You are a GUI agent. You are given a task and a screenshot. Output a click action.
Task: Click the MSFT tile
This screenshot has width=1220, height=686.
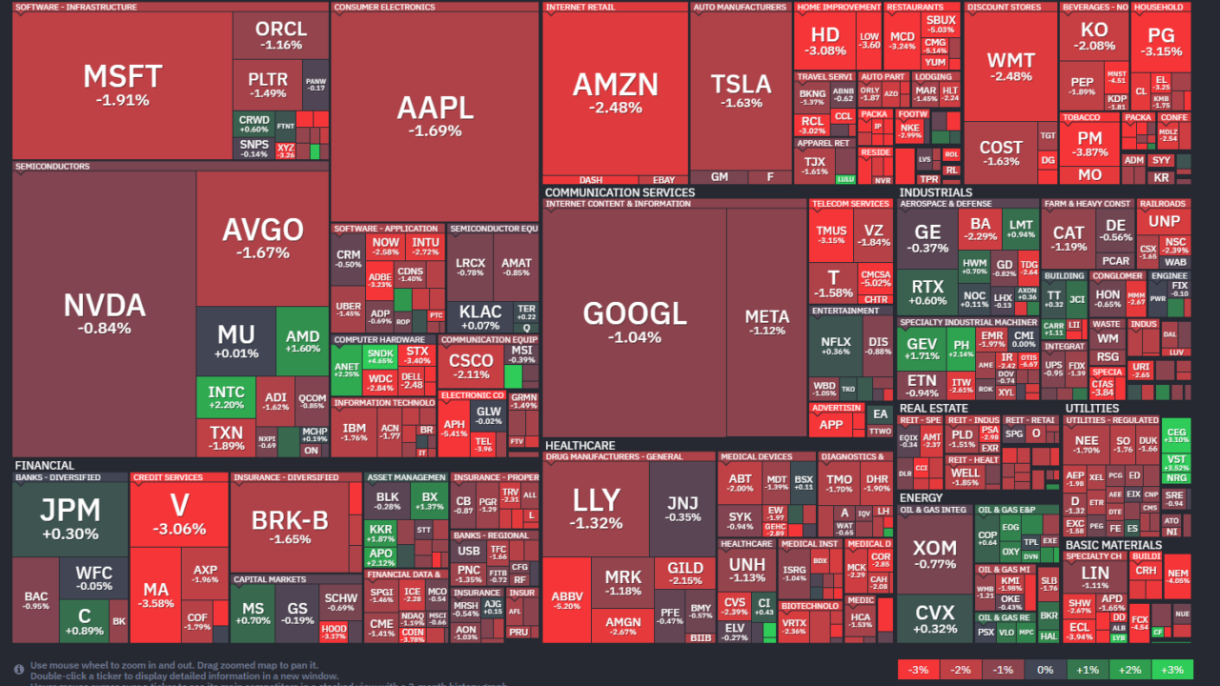(122, 84)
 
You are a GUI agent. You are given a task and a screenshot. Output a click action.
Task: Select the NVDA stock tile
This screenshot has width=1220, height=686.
(104, 313)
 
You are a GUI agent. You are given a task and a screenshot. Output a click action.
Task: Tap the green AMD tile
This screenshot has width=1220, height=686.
(302, 341)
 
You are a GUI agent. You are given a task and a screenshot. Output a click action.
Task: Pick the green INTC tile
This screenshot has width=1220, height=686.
(226, 397)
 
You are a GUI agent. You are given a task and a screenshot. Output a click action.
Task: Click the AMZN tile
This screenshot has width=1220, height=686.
(615, 92)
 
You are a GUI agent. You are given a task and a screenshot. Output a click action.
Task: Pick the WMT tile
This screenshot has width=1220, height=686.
(1009, 67)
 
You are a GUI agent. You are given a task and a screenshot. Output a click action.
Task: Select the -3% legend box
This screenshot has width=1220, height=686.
(918, 670)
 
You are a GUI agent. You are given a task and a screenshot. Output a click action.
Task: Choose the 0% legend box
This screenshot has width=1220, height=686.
(1045, 670)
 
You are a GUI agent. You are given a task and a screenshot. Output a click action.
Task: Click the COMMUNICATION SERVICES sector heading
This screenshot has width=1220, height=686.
(620, 192)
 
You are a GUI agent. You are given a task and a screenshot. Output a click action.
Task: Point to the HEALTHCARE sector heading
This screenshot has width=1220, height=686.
(579, 445)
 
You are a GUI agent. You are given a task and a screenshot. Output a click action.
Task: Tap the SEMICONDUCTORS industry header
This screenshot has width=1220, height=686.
(52, 167)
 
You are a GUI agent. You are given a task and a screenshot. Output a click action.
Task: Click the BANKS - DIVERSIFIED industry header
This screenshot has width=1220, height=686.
(57, 477)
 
